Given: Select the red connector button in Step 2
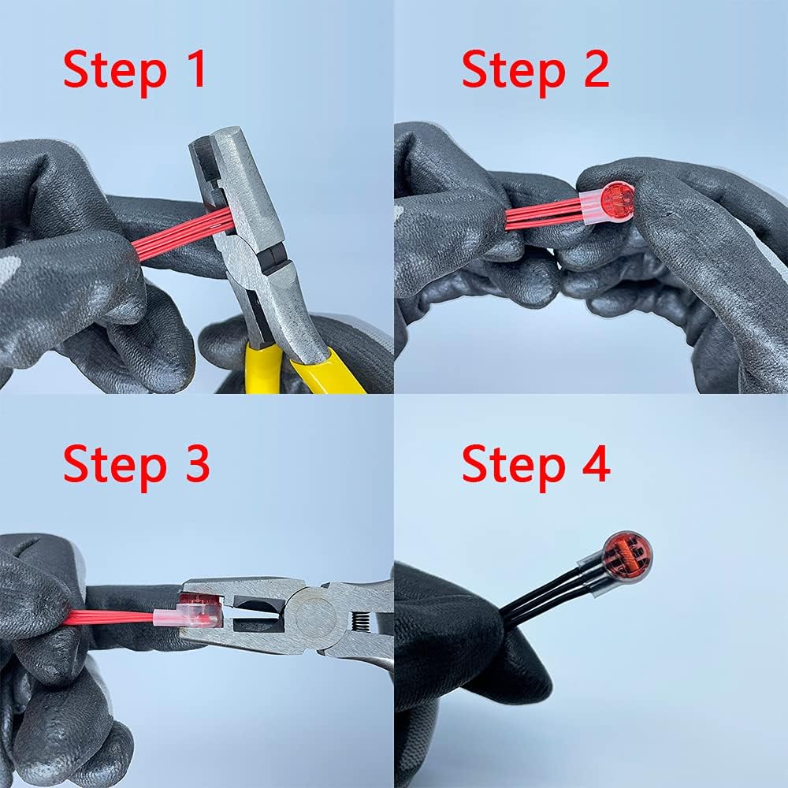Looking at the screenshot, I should click(616, 200).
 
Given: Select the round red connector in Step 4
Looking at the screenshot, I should click(626, 558).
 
